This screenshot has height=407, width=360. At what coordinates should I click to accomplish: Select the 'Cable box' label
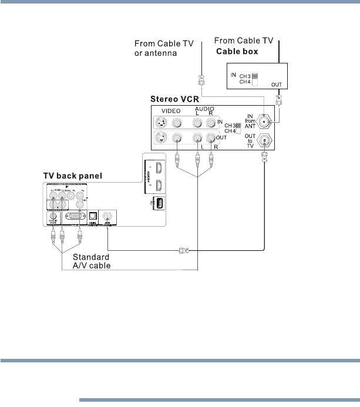pyautogui.click(x=238, y=51)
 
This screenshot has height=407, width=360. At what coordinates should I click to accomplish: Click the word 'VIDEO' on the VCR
pyautogui.click(x=170, y=110)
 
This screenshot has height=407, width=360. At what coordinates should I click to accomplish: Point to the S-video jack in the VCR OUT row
pyautogui.click(x=160, y=139)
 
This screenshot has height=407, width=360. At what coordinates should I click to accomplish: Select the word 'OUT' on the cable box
pyautogui.click(x=276, y=85)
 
